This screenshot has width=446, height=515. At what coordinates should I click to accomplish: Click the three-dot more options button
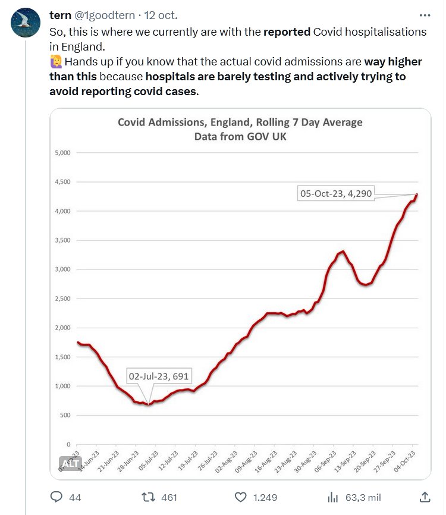425,15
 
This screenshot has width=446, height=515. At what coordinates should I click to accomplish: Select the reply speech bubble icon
57,497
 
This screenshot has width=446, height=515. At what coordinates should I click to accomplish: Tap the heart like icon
241,497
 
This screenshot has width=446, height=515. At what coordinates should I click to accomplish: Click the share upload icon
425,497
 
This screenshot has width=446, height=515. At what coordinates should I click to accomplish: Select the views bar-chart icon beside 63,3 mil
334,497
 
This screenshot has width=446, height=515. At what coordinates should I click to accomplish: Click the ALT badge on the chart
70,463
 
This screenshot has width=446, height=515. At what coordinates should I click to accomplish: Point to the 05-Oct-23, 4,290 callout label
336,193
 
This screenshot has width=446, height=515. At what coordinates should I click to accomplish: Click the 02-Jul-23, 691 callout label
160,376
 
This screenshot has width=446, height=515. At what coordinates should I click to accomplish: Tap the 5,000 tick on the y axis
63,153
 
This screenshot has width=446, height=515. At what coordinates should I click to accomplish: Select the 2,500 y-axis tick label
63,299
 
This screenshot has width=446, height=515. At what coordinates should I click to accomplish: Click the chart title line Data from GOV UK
240,136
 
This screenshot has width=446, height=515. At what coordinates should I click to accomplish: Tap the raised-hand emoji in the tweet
56,62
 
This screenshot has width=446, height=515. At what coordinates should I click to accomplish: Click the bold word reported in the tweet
287,32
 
